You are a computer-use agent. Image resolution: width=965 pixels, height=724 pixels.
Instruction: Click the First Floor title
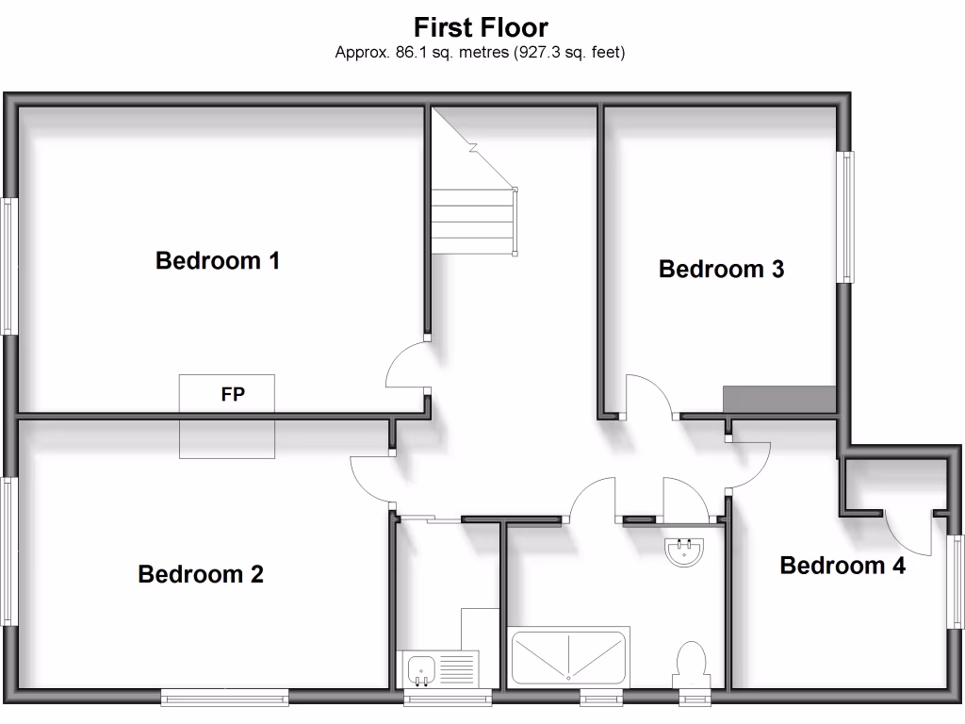[x=481, y=26]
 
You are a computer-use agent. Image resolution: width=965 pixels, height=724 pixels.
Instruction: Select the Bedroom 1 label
[x=218, y=260]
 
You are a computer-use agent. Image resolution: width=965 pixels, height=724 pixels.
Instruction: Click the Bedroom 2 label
[x=201, y=573]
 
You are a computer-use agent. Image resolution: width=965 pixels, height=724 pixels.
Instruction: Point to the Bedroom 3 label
[x=721, y=270]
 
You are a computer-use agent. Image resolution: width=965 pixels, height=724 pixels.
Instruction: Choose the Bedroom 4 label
[x=842, y=566]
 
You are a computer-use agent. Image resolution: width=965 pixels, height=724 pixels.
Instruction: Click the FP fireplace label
[x=232, y=395]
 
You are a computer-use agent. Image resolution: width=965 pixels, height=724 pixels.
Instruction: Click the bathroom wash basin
[x=684, y=551]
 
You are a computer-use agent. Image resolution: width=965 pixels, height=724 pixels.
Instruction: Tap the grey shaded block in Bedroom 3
[x=779, y=400]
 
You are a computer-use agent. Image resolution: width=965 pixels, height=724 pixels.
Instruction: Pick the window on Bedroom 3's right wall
[x=847, y=217]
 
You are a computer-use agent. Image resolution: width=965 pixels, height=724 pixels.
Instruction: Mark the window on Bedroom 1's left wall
[x=8, y=266]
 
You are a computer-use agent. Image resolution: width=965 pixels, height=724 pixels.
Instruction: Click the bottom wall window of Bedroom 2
[x=224, y=697]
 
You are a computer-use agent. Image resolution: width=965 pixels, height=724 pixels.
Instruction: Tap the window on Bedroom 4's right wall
[x=957, y=581]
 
